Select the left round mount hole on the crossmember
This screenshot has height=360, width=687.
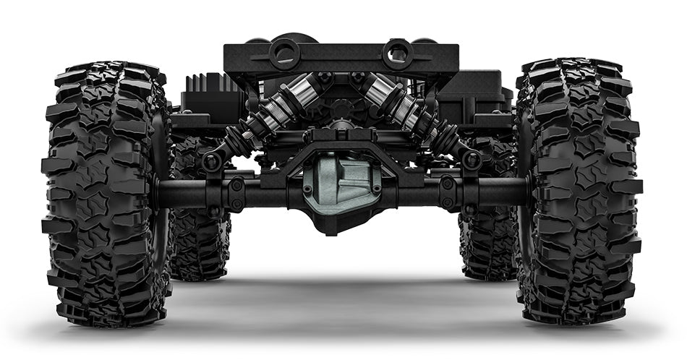point(283,53)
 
